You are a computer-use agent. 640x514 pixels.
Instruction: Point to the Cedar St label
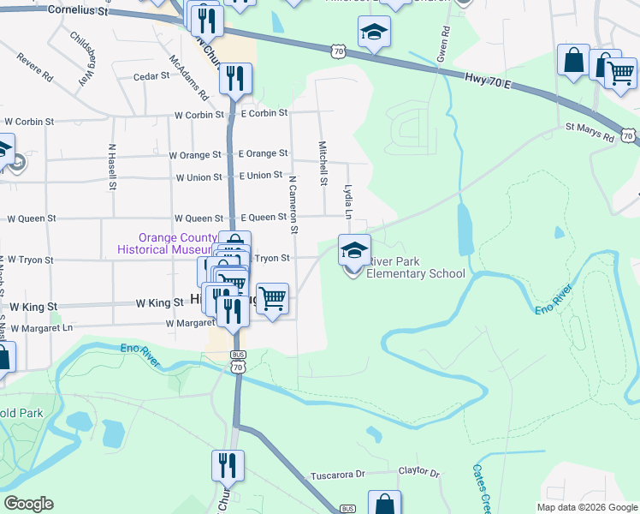[152, 76]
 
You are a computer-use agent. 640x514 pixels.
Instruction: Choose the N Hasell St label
[112, 166]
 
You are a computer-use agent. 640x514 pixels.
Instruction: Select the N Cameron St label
[293, 205]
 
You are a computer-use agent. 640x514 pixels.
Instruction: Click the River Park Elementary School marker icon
[354, 250]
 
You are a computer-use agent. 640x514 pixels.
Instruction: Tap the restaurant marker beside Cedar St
[234, 79]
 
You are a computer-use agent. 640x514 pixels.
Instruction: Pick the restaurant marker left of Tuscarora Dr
[228, 466]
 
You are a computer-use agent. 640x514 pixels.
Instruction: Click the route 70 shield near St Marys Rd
[629, 135]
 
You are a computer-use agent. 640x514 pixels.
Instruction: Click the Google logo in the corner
[28, 504]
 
